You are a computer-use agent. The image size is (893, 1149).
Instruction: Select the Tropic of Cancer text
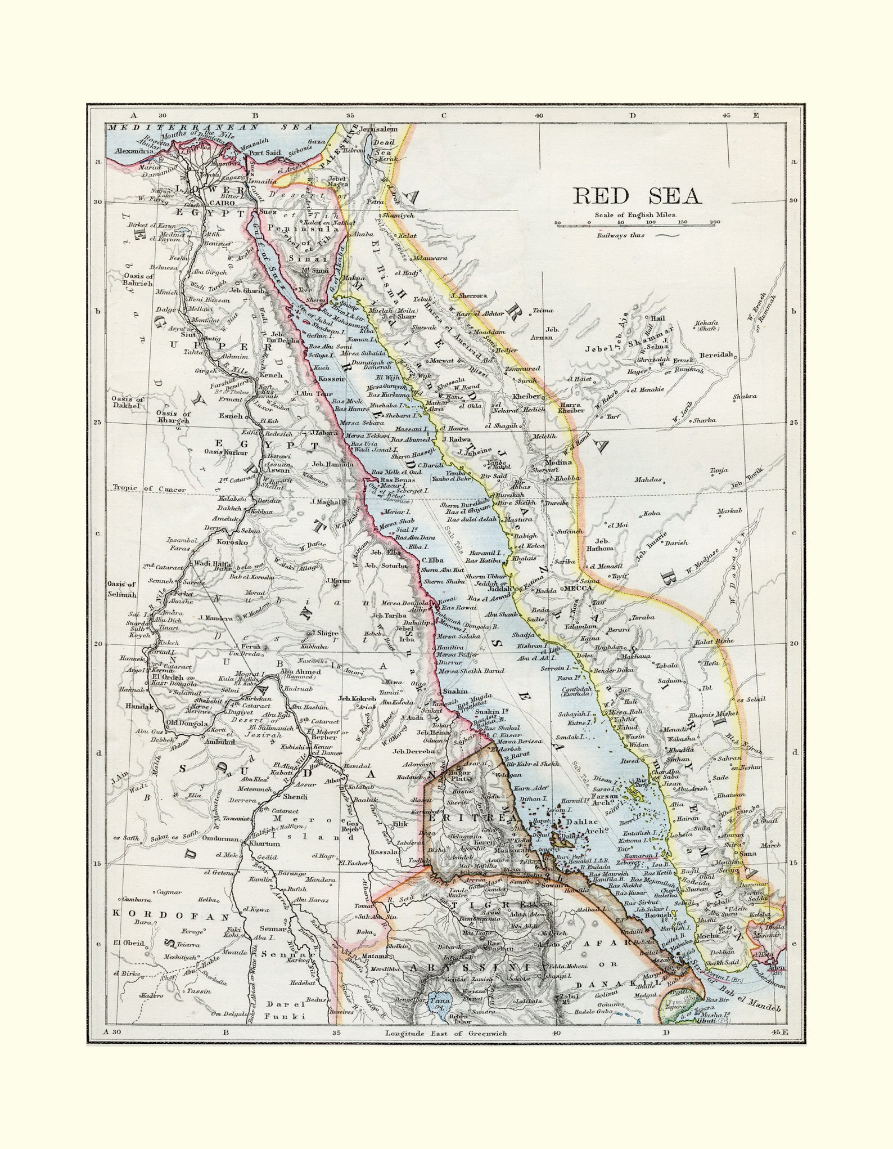click(148, 489)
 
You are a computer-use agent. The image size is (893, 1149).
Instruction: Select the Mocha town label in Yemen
click(707, 951)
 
